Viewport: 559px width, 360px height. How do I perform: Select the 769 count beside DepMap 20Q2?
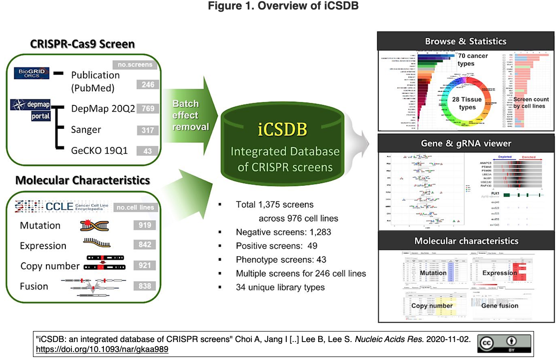[148, 109]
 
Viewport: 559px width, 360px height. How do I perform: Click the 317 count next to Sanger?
[148, 130]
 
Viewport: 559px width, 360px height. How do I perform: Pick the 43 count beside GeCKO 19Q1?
[148, 151]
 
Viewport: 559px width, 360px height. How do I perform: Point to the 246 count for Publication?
[148, 85]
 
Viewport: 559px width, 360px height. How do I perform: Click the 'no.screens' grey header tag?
[135, 65]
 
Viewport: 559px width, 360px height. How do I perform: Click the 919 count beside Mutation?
[145, 226]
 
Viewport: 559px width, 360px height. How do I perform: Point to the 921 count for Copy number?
[145, 266]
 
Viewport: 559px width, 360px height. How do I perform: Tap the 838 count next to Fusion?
[145, 286]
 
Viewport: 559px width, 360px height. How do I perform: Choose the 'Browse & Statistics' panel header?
[466, 41]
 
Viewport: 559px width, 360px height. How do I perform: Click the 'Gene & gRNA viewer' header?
[466, 143]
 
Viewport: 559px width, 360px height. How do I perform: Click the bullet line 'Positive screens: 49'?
[276, 246]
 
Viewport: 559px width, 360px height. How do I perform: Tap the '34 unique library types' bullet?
[280, 287]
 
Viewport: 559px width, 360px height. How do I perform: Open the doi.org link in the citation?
[102, 350]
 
